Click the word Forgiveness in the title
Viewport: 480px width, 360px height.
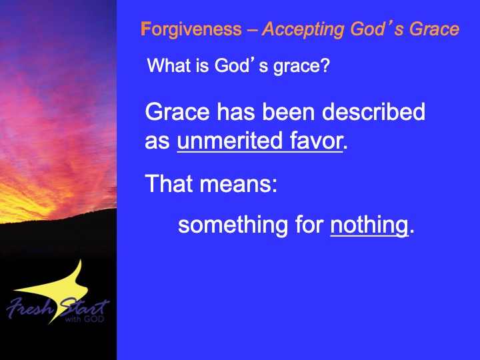[x=191, y=30]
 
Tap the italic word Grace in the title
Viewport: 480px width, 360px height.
[x=435, y=29]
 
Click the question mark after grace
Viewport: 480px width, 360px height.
[x=325, y=65]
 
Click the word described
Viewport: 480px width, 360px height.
[x=373, y=111]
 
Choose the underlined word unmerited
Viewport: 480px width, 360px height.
[x=229, y=141]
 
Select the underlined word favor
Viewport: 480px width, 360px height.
[x=316, y=141]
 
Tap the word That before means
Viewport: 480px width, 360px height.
[x=169, y=184]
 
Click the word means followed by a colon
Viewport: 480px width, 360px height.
[x=239, y=184]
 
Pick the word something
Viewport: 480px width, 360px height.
[x=233, y=225]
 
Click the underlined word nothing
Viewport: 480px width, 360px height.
[x=369, y=225]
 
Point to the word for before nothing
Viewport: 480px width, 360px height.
[x=309, y=225]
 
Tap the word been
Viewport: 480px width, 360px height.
[x=289, y=111]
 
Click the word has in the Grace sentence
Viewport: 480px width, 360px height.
[x=236, y=111]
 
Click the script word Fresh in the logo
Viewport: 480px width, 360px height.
[x=30, y=307]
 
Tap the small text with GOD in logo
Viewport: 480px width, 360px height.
[x=85, y=319]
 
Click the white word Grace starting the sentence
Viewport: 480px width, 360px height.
[x=177, y=111]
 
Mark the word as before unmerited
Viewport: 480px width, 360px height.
[x=157, y=142]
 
